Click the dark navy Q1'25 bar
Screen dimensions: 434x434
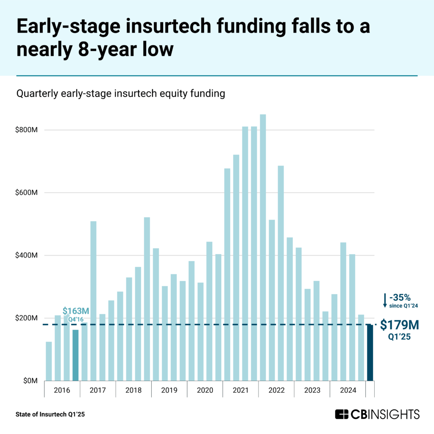(x=370, y=353)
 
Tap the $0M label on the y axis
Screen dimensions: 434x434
(x=31, y=381)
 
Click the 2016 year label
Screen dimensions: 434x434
(x=62, y=389)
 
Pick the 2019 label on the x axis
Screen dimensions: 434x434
(x=169, y=389)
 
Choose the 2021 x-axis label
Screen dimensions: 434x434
(x=240, y=389)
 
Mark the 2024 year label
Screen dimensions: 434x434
(x=348, y=389)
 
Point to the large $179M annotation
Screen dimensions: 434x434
(x=400, y=325)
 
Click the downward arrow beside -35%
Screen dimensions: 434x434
(x=385, y=300)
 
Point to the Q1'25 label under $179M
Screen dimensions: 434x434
(x=401, y=338)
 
